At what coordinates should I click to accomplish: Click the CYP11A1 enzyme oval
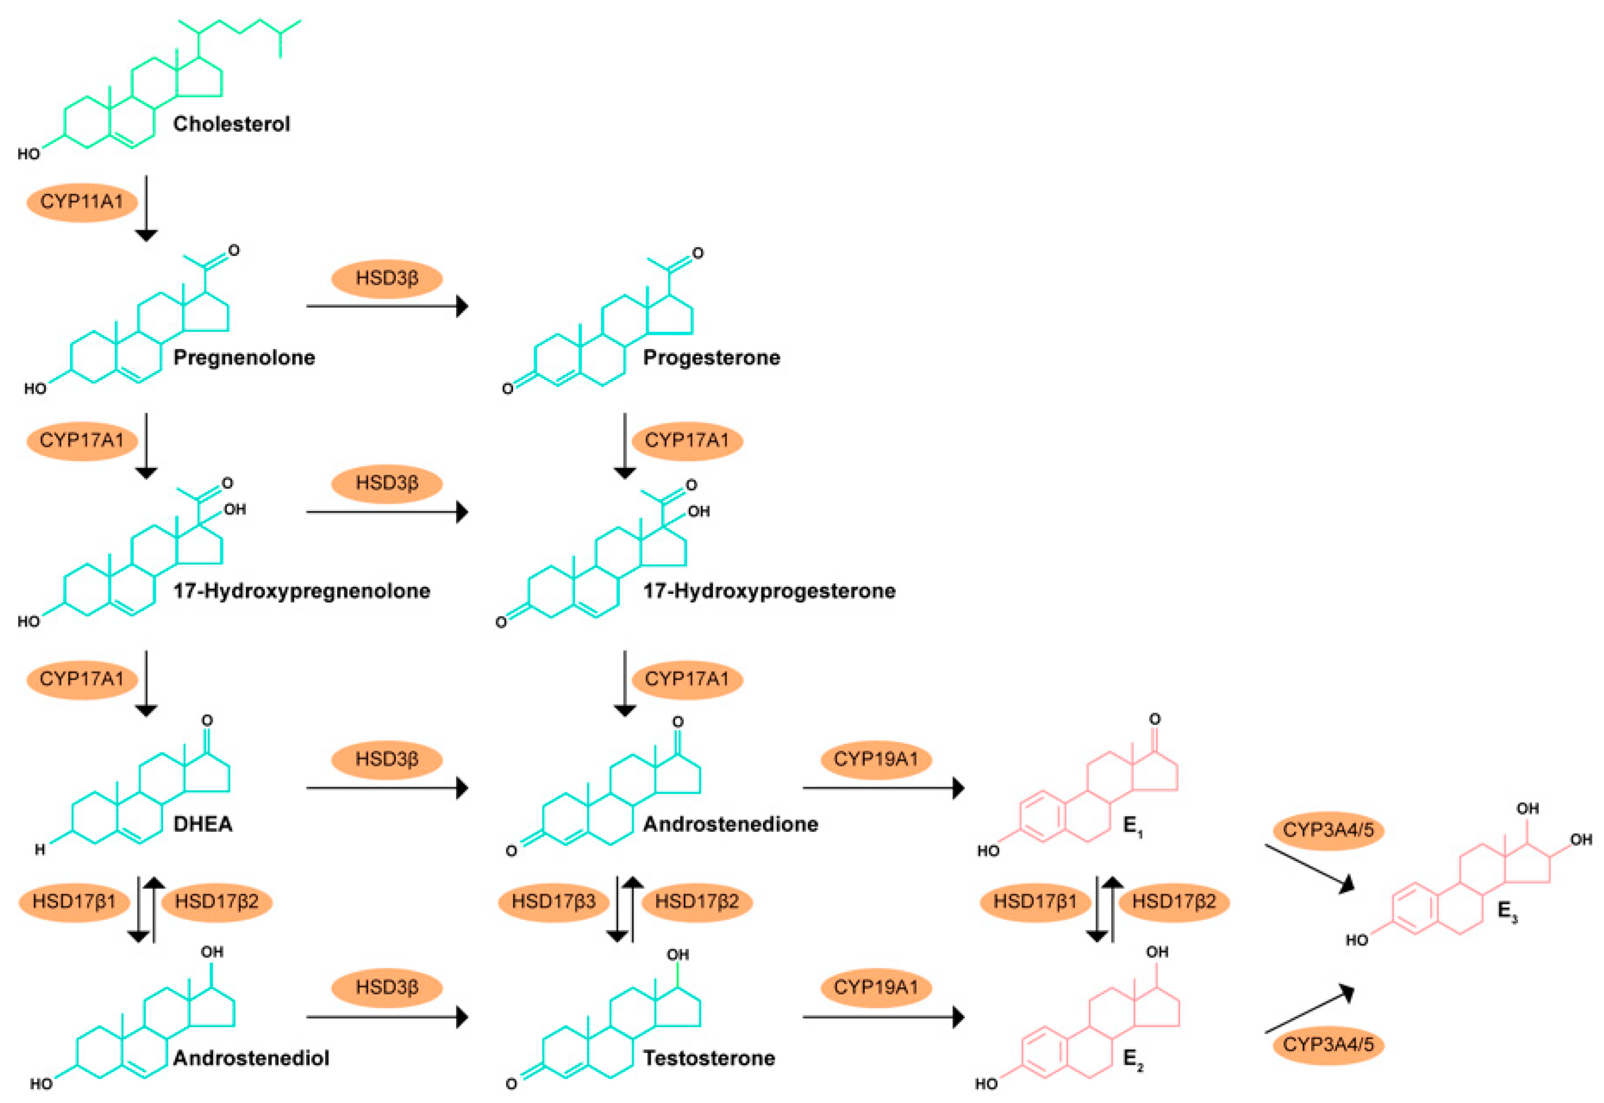81,202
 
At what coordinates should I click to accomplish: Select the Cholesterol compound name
231,125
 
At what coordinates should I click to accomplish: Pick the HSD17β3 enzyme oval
553,901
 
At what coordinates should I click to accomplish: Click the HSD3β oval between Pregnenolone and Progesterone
387,278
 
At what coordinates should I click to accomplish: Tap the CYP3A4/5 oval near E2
1328,1044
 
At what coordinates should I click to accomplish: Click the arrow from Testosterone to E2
883,1016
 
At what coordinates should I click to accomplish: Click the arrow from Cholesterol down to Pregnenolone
146,207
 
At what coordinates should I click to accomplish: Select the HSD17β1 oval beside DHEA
74,901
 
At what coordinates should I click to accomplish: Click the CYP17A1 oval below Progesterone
687,440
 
